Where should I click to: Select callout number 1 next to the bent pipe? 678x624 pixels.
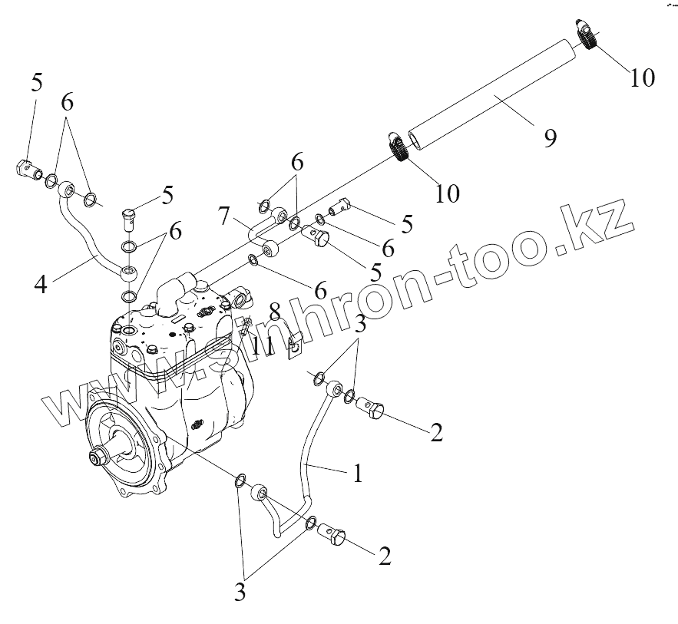(357, 474)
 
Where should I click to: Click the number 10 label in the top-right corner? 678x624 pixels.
(643, 78)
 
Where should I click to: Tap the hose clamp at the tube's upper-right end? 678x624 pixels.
(588, 35)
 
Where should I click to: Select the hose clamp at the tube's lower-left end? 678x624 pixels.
(396, 147)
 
